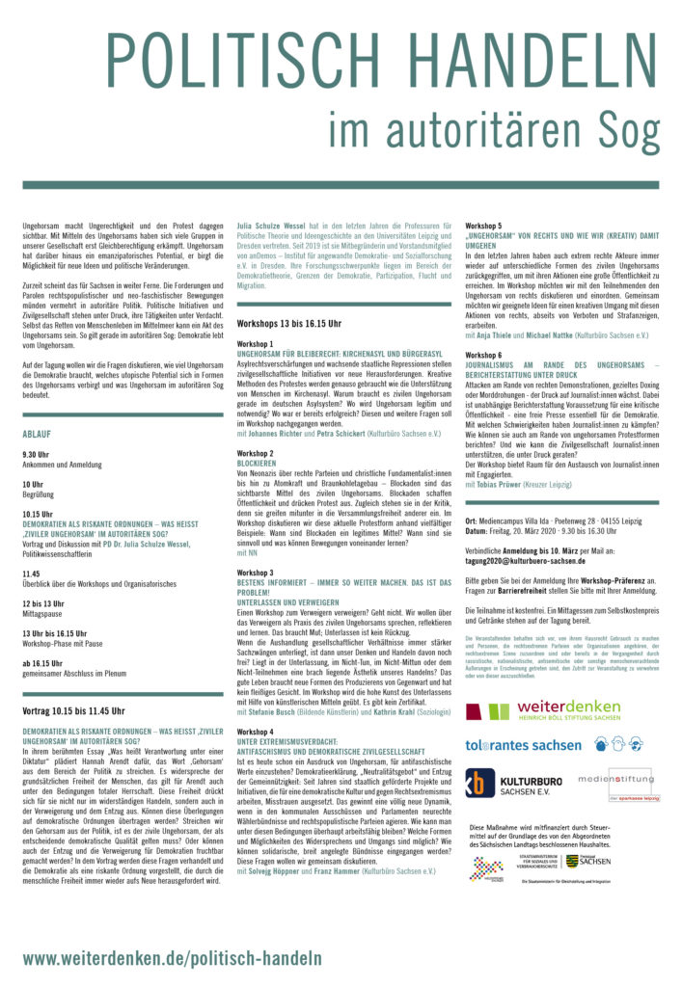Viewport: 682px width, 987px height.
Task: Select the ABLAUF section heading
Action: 37,435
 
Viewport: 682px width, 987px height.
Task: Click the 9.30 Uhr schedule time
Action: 36,453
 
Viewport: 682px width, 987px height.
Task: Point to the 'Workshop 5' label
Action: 483,225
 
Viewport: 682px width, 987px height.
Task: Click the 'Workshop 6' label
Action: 483,355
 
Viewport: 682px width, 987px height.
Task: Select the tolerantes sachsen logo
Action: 523,745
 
